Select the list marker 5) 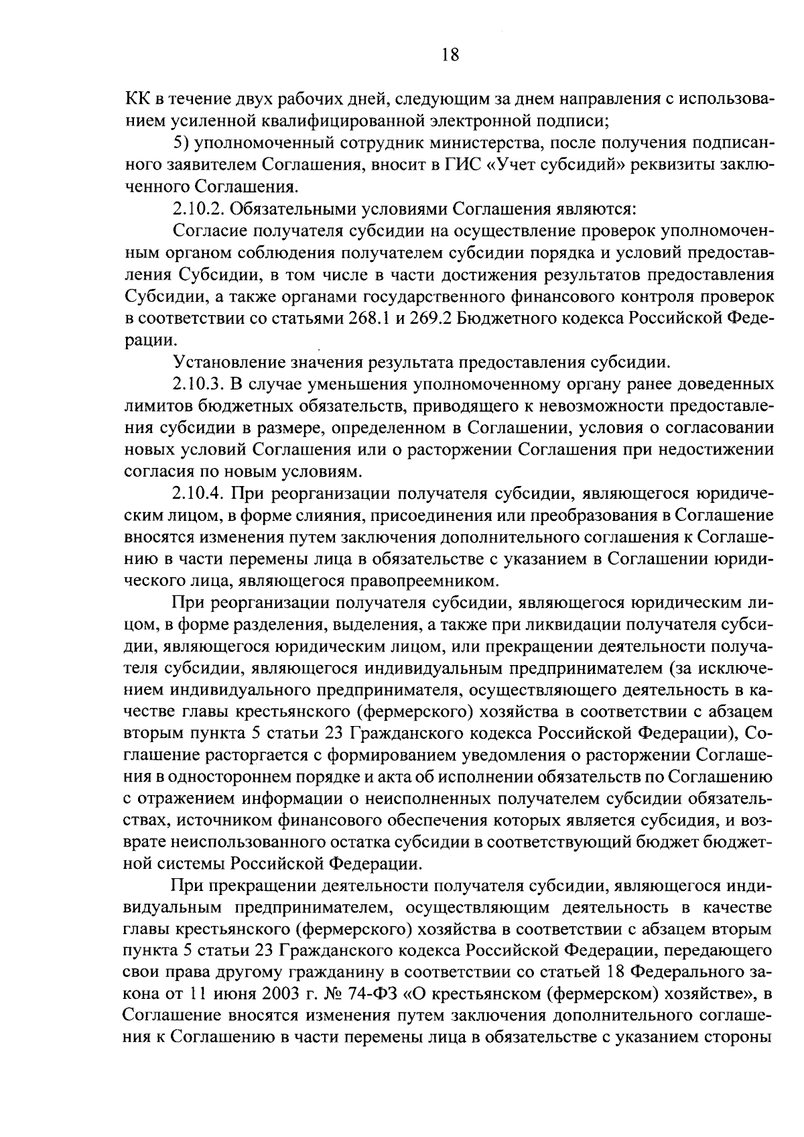point(182,143)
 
